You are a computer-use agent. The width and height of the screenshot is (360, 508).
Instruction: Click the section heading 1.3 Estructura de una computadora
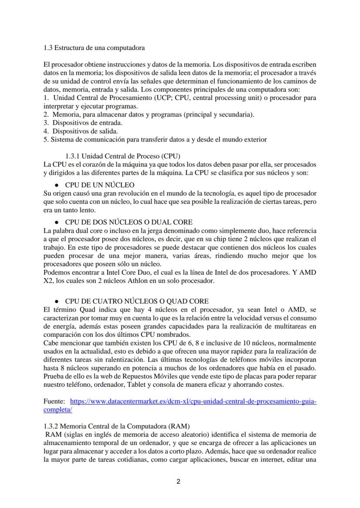[94, 47]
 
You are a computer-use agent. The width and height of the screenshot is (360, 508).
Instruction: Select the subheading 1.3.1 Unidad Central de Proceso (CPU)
[123, 156]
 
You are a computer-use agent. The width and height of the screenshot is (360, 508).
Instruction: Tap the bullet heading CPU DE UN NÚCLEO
[100, 185]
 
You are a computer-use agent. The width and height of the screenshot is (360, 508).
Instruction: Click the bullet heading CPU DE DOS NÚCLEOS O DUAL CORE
[129, 222]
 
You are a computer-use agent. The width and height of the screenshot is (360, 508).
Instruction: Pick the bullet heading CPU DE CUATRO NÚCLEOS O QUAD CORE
[137, 301]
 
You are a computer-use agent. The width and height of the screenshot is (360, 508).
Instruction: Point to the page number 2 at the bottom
[179, 481]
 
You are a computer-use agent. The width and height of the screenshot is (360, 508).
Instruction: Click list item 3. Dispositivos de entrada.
[83, 123]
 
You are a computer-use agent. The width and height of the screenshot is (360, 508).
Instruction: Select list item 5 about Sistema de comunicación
[155, 139]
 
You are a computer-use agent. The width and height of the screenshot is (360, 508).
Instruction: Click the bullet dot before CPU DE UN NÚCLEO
[57, 185]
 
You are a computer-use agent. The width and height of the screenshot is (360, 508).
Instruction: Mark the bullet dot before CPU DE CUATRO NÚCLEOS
[57, 302]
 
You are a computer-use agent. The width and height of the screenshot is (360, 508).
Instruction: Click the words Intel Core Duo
[100, 272]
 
